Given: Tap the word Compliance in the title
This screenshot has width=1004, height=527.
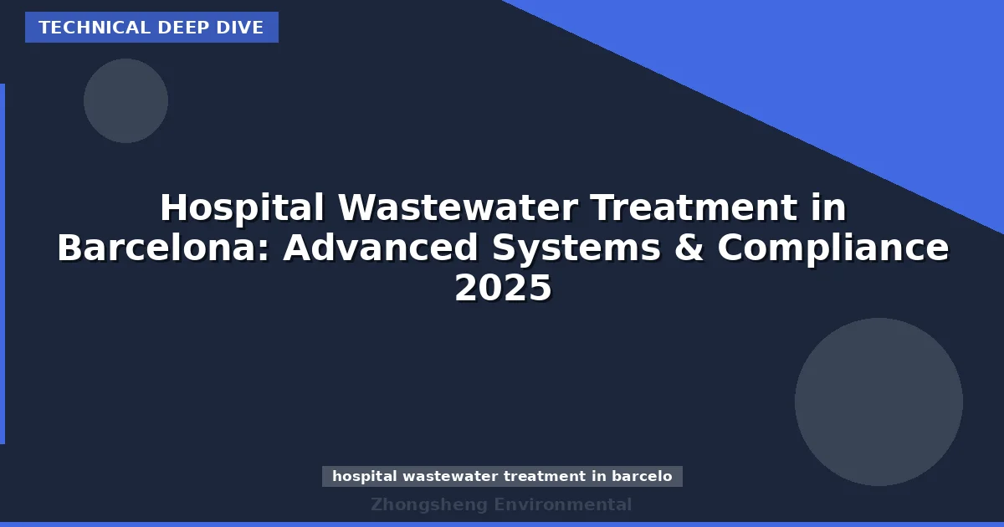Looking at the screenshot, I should (x=833, y=248).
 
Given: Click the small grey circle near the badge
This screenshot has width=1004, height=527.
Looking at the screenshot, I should (x=125, y=100).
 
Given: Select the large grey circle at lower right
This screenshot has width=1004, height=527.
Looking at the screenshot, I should (x=878, y=402).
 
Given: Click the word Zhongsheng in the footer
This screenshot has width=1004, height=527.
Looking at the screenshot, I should (x=428, y=504).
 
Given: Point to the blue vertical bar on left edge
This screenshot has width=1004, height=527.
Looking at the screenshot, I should (x=3, y=263).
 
